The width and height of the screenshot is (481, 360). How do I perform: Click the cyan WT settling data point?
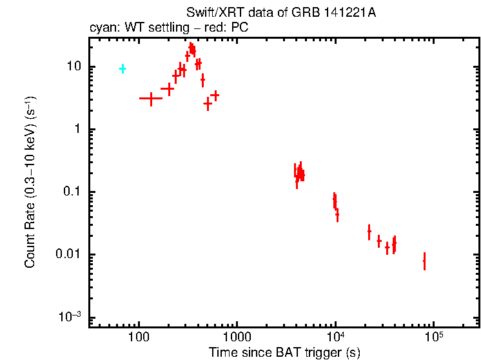[122, 68]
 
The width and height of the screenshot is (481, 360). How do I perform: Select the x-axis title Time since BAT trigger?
[284, 352]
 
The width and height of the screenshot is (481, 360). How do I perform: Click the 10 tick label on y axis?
[74, 66]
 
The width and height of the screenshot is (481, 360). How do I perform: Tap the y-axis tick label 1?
[77, 129]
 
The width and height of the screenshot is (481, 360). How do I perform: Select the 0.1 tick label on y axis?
[72, 192]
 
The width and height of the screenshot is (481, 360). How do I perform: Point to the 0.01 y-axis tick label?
[70, 254]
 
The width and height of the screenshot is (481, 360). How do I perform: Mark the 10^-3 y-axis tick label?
[71, 316]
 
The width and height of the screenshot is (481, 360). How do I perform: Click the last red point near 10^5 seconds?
[424, 261]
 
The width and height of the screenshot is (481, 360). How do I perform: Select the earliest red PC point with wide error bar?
[151, 98]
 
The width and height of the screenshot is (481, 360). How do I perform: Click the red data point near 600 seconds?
[215, 95]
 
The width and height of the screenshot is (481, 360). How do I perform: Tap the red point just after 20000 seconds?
[369, 230]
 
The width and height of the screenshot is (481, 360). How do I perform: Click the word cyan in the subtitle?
[101, 28]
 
